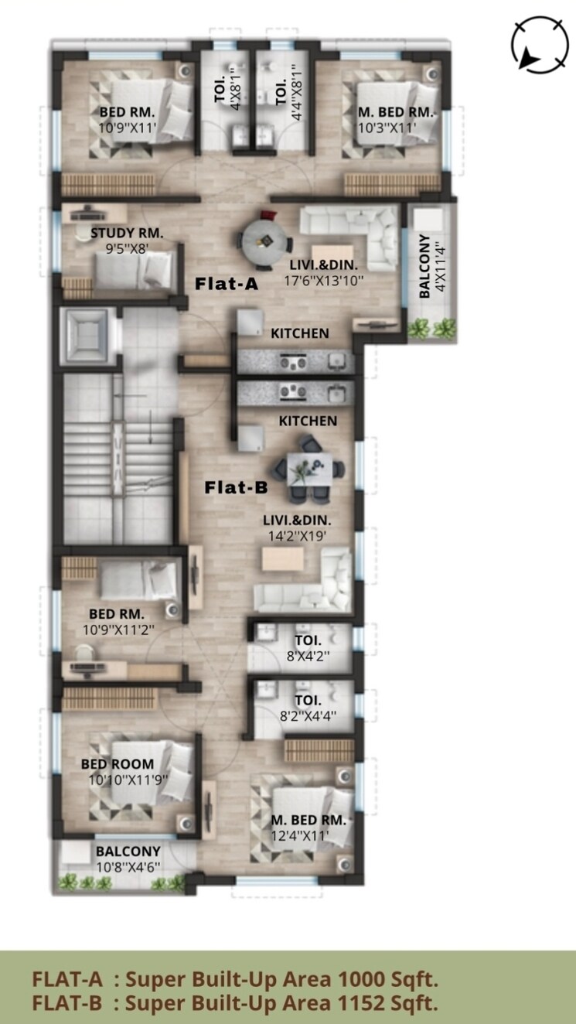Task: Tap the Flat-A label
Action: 226,284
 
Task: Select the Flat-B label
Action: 236,487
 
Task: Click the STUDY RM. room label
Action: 128,233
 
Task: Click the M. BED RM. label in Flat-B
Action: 308,820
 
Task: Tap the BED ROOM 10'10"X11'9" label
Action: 118,764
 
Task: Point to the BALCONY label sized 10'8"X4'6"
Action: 128,852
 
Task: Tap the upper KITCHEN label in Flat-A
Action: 299,333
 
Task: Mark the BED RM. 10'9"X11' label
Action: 128,112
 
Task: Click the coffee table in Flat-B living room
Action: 282,559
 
